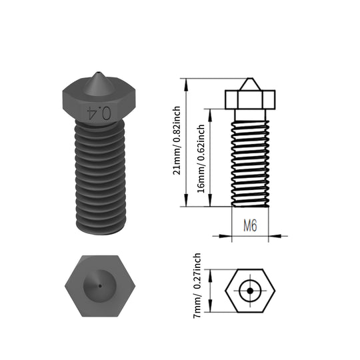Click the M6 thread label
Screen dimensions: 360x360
[x=250, y=225]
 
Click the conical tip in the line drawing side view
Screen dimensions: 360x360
[x=250, y=85]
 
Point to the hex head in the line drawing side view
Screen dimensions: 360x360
[x=250, y=101]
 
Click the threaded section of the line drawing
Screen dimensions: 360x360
[x=250, y=159]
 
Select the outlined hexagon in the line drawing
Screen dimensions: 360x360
[x=250, y=291]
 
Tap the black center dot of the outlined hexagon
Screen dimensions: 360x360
[x=250, y=291]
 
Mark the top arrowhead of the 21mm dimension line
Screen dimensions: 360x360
[x=188, y=81]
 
